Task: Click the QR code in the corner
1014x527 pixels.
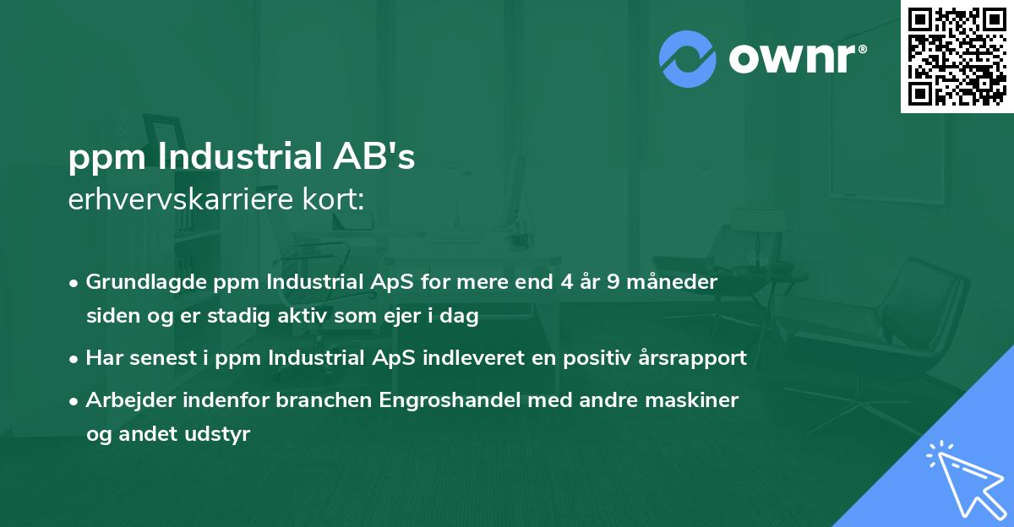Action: [x=957, y=57]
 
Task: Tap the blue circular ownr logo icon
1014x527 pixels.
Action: [x=688, y=58]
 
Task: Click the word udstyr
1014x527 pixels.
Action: [x=222, y=434]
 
